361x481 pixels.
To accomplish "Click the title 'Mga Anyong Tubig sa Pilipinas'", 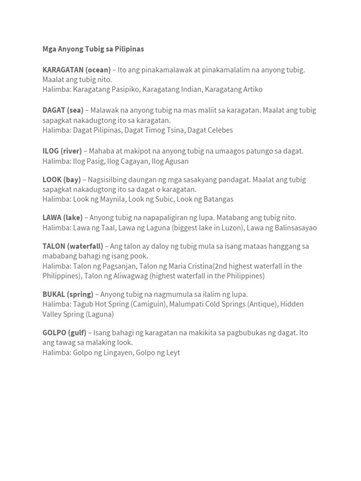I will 93,49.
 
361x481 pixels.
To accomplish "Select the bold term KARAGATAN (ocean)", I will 77,70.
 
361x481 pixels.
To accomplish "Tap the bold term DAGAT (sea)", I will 63,110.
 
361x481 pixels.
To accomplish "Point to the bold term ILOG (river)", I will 62,151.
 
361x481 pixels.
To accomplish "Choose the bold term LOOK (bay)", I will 62,179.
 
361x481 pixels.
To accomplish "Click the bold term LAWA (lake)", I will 63,217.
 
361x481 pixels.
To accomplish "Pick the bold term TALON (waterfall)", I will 73,246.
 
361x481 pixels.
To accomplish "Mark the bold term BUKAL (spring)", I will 68,294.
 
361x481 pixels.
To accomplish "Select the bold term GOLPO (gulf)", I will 64,333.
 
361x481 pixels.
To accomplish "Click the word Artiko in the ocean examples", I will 251,89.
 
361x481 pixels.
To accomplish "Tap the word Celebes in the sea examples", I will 219,130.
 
